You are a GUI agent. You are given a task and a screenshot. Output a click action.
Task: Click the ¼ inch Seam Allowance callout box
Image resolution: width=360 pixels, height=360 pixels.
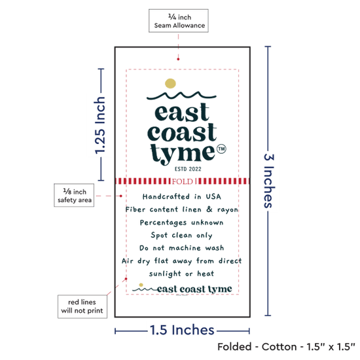(x=179, y=21)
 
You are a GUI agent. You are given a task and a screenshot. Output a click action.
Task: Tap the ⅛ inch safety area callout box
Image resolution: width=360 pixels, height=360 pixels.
(x=74, y=195)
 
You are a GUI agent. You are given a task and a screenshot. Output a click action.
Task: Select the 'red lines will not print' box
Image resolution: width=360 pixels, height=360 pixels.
(x=82, y=306)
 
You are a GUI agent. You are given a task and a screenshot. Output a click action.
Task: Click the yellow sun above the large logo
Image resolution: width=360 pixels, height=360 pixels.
(x=170, y=83)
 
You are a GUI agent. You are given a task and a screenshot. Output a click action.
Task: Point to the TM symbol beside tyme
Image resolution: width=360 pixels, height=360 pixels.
(x=221, y=149)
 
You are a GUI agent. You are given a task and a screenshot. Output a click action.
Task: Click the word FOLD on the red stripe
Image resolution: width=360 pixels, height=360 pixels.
(x=183, y=181)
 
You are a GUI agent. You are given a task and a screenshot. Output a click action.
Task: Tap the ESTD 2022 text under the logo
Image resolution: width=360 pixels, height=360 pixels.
(x=188, y=170)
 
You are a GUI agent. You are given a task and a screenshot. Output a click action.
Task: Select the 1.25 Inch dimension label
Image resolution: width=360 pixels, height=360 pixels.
(x=100, y=126)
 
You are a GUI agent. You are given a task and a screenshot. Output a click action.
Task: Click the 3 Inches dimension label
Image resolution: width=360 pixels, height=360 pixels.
(x=269, y=181)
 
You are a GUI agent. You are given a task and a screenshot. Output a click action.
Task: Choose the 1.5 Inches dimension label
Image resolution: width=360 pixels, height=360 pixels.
(x=182, y=330)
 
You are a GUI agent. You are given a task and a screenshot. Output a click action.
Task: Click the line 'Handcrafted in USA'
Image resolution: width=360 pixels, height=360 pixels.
(x=182, y=197)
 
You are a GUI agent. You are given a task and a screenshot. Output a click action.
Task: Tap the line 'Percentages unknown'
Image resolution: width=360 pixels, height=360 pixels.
(x=181, y=223)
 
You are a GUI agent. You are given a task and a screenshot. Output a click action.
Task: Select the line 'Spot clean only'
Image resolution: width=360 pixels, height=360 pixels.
(x=181, y=236)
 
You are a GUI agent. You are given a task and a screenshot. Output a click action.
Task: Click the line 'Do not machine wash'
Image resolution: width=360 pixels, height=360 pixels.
(x=181, y=248)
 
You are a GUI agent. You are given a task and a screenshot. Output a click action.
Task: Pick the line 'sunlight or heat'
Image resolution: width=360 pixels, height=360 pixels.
(x=181, y=274)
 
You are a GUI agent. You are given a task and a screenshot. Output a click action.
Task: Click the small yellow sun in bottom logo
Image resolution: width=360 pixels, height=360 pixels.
(x=141, y=285)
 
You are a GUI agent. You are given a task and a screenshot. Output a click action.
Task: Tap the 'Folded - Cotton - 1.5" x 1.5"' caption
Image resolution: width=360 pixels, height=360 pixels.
(x=286, y=347)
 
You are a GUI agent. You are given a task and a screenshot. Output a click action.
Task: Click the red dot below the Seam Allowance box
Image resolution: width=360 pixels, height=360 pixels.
(x=178, y=59)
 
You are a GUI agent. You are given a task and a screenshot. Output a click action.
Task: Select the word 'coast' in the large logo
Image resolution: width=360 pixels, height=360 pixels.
(x=182, y=133)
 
